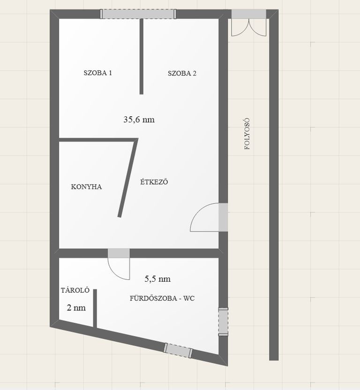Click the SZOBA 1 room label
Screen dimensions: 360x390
point(97,73)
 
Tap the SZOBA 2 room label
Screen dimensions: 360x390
point(182,74)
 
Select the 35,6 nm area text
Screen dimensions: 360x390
point(139,120)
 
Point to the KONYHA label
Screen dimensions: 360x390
point(86,187)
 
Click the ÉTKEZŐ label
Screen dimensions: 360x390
point(154,181)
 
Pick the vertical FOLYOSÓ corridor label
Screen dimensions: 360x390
point(247,134)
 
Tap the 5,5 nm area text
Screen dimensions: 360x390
point(157,279)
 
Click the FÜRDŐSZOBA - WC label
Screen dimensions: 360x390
point(162,298)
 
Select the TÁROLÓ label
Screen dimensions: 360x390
point(75,290)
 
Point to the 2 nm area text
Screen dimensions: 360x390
point(76,308)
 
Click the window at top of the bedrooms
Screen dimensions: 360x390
point(138,14)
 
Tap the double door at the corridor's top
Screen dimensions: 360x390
point(249,23)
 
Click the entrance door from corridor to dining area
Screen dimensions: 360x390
point(209,217)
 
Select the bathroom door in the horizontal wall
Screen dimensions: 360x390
point(119,263)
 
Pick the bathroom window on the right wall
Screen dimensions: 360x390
point(223,322)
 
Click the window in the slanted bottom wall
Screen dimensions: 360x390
point(178,350)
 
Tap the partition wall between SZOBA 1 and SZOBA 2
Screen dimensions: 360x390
point(141,56)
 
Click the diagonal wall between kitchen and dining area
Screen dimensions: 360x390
point(128,178)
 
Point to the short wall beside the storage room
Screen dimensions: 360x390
point(95,308)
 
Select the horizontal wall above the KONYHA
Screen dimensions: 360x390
point(98,140)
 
